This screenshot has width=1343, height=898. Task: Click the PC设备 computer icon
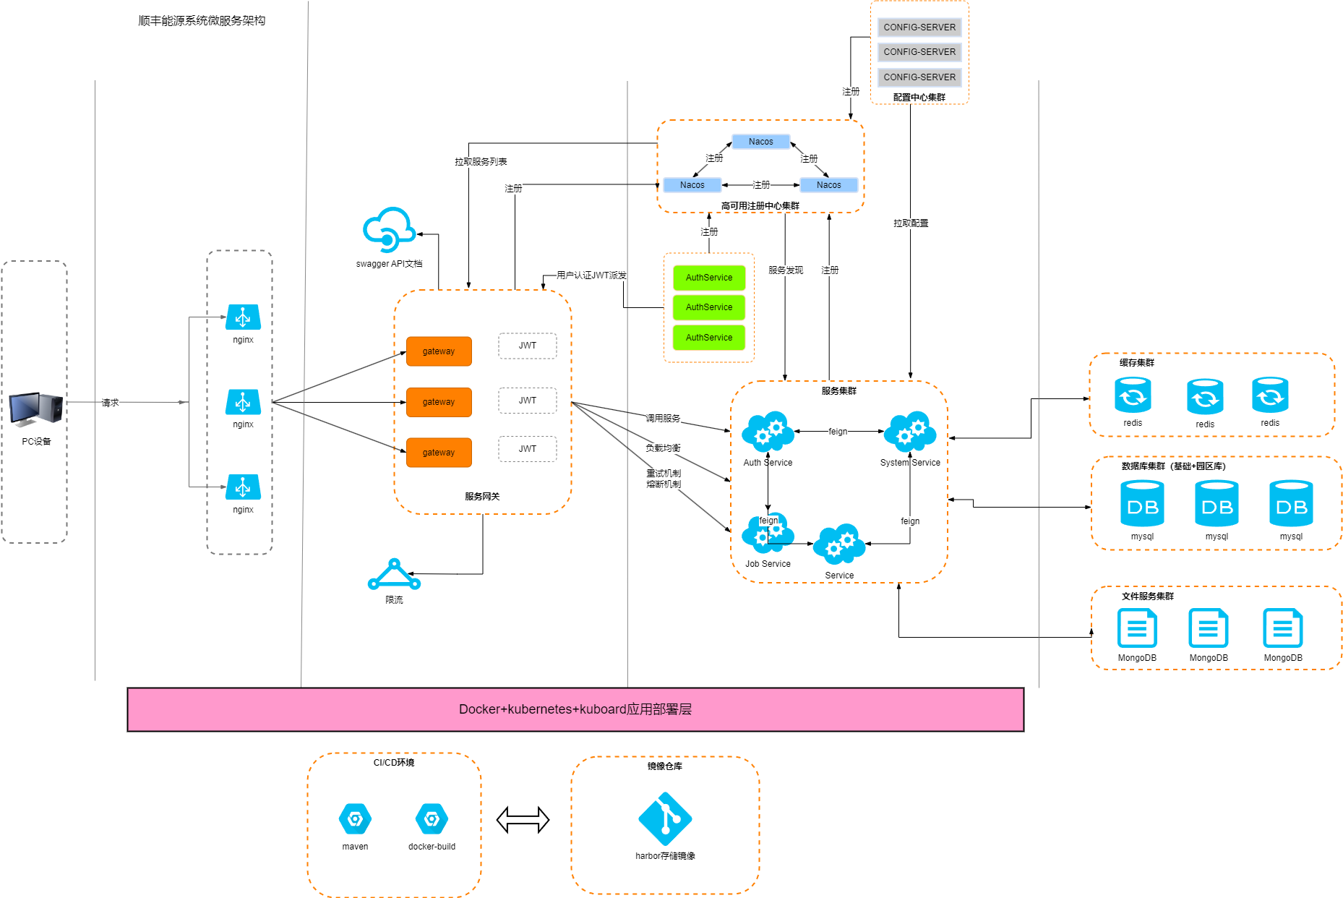point(36,409)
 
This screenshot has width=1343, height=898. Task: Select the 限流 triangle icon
point(394,575)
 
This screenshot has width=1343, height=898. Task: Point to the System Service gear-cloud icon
point(909,432)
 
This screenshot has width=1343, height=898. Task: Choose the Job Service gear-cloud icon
point(768,534)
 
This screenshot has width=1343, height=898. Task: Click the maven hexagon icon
point(355,819)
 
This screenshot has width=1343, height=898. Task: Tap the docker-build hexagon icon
point(432,819)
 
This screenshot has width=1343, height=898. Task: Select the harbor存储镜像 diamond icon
point(665,819)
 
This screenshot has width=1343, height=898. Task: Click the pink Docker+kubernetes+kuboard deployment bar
point(575,709)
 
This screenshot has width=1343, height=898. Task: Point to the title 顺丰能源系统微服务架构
point(202,21)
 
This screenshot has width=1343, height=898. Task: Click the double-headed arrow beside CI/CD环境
point(523,820)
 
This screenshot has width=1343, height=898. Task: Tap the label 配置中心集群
point(919,98)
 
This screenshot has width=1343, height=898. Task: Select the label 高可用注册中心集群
point(760,206)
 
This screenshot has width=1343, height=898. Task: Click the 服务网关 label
point(482,497)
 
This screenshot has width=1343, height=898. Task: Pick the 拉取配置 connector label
point(911,223)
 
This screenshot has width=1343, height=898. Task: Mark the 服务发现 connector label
point(786,270)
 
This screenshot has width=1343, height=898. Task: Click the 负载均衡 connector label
point(663,448)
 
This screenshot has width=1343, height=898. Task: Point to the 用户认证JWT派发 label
point(591,275)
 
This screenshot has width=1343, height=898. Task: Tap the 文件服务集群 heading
point(1147,596)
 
